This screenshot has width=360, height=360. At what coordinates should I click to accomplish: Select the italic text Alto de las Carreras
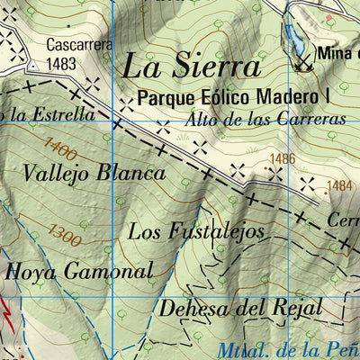268,118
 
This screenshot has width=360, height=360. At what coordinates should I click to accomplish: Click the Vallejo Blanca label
95,173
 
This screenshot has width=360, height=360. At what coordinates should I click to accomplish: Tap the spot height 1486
282,158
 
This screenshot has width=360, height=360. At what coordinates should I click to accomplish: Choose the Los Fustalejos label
196,230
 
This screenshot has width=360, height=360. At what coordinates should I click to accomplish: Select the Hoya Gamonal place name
79,270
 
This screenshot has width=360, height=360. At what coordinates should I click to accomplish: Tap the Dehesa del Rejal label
239,307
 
